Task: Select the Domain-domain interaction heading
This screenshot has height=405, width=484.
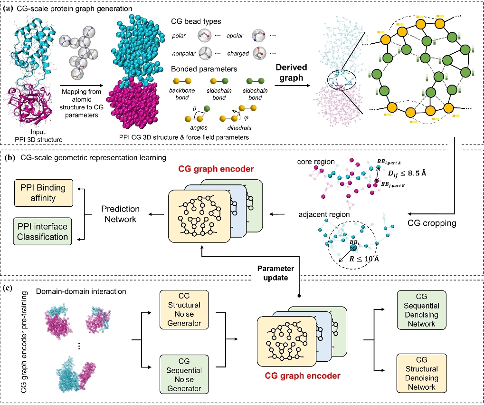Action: click(79, 290)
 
